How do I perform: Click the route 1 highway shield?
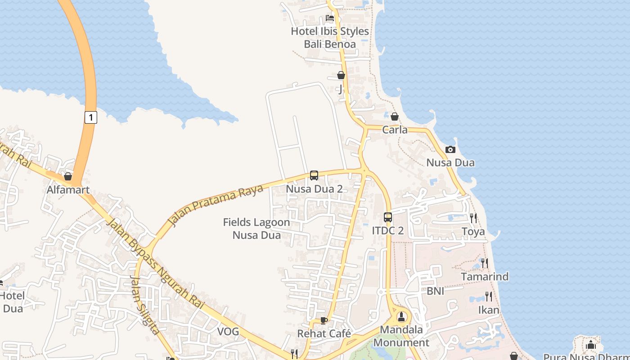click(91, 118)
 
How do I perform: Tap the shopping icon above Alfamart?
click(68, 176)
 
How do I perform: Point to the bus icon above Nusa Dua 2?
click(314, 175)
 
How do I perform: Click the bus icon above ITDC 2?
click(388, 217)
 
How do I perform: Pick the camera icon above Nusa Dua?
click(450, 149)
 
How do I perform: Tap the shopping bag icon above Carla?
click(395, 117)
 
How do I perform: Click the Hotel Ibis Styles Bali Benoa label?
click(330, 38)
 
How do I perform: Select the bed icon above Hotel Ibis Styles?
click(330, 18)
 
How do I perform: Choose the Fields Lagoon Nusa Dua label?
click(256, 229)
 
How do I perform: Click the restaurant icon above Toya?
click(473, 218)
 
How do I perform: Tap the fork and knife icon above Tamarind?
click(485, 263)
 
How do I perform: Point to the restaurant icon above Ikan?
click(489, 297)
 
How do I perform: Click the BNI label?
click(436, 291)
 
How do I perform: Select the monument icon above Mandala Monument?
click(401, 317)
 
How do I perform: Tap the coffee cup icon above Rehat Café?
click(324, 320)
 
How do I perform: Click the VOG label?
click(228, 332)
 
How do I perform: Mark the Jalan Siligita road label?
click(144, 305)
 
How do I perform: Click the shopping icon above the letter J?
click(341, 75)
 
